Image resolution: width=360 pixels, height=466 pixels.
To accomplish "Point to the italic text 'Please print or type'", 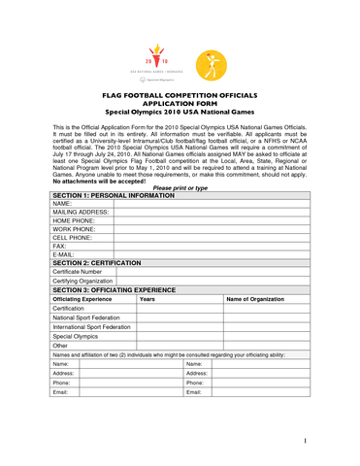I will (180, 187).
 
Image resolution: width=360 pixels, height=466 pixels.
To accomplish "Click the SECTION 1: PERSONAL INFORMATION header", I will (118, 195).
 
